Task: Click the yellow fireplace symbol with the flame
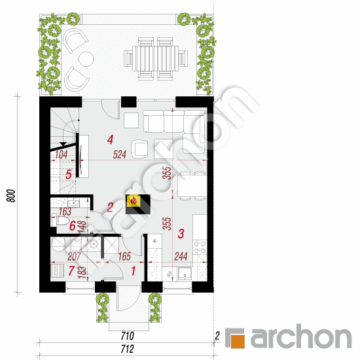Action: pyautogui.click(x=134, y=201)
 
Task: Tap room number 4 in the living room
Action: pyautogui.click(x=111, y=139)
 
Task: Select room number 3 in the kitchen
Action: pyautogui.click(x=181, y=232)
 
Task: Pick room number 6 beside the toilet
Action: pyautogui.click(x=72, y=226)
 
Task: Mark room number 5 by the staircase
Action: pyautogui.click(x=68, y=175)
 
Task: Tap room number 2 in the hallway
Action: pyautogui.click(x=111, y=207)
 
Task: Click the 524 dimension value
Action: pyautogui.click(x=119, y=155)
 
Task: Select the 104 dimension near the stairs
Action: pyautogui.click(x=62, y=155)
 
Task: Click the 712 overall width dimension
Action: pyautogui.click(x=127, y=347)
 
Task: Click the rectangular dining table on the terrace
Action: pyautogui.click(x=156, y=57)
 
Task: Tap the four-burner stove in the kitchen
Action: pyautogui.click(x=202, y=249)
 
